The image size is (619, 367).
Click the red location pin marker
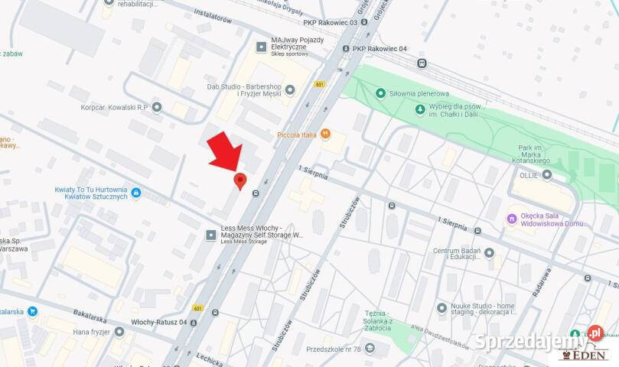(239, 180)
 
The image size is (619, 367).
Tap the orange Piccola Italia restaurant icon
(325, 135)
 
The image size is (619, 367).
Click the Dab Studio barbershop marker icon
(289, 90)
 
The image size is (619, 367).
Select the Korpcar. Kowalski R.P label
(114, 107)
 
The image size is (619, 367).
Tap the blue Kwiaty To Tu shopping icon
(136, 193)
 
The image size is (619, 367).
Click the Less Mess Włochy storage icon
(211, 235)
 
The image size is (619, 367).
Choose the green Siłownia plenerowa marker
(380, 93)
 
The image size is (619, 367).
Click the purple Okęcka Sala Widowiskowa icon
(512, 219)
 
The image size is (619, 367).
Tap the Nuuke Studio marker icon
(441, 307)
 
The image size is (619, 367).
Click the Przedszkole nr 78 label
(332, 348)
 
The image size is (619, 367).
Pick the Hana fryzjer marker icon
(119, 331)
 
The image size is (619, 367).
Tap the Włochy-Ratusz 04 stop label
(159, 322)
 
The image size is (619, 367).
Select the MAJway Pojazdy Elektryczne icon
(262, 47)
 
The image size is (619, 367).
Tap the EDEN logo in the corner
(585, 354)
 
